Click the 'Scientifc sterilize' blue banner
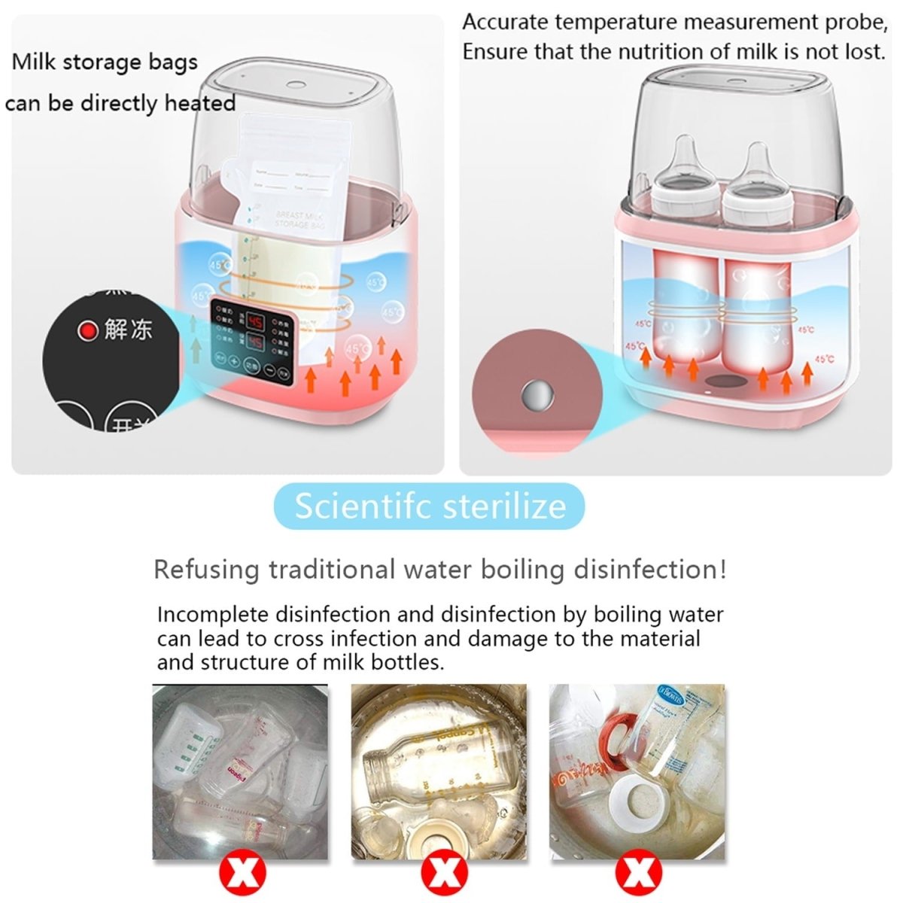[430, 506]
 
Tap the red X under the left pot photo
[242, 874]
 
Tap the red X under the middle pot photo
[445, 874]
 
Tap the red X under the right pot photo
[639, 874]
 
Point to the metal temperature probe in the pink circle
[538, 393]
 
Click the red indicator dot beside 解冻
[89, 330]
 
